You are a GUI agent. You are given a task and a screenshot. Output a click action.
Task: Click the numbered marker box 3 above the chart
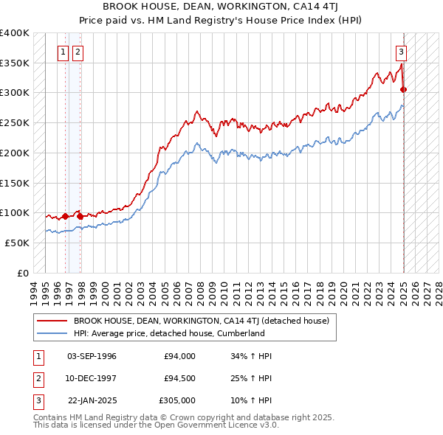pos(401,52)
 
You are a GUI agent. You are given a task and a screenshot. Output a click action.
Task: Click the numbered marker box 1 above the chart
pos(63,52)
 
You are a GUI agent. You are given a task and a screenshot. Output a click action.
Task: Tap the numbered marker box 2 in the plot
pos(78,52)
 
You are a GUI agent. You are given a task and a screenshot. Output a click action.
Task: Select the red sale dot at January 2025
pos(404,90)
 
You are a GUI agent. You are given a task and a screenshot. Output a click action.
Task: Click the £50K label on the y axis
pos(17,243)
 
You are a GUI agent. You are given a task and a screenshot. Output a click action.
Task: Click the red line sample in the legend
pos(52,321)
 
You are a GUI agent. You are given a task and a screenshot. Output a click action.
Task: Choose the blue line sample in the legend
pos(52,333)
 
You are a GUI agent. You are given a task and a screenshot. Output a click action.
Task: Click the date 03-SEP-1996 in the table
pos(92,356)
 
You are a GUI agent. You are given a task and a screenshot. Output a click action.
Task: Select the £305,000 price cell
pos(176,400)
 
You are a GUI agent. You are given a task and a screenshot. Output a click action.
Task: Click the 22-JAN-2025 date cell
pos(92,400)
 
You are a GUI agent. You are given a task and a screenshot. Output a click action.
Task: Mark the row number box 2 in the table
pos(37,378)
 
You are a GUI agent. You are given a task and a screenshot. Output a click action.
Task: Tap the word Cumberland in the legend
pos(241,333)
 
